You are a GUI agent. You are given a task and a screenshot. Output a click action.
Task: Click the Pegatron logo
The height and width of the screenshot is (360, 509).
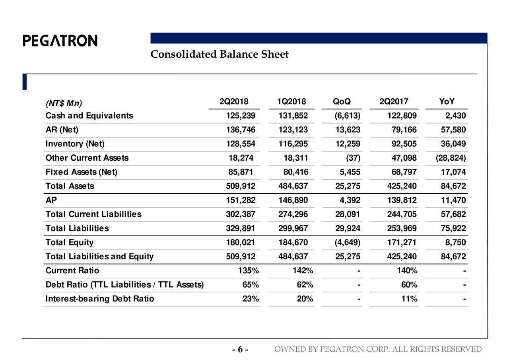point(60,41)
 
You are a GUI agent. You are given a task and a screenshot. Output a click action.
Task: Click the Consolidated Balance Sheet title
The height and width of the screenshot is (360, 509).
point(219,54)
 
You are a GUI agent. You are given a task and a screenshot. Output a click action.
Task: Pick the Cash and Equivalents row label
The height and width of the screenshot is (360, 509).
point(89,116)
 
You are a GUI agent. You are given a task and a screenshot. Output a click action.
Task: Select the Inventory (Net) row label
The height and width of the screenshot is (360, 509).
point(75,144)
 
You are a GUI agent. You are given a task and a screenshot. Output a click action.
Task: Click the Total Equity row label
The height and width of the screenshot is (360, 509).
point(70,242)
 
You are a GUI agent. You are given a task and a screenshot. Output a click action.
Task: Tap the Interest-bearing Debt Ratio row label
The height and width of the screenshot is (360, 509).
point(100,299)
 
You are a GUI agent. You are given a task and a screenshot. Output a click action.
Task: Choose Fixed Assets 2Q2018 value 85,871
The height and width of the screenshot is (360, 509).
point(240,172)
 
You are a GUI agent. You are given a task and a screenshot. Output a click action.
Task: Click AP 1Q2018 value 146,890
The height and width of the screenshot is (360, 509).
point(293,200)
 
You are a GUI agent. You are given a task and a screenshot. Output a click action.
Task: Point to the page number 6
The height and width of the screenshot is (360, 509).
point(240,350)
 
